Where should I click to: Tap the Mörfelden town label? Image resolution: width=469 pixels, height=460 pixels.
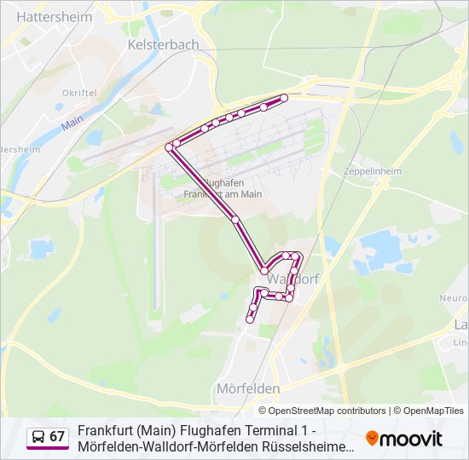pos(248,388)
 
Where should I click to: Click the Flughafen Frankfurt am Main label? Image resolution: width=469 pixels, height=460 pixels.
pos(223,187)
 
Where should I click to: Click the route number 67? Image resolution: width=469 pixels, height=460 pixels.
pos(57,437)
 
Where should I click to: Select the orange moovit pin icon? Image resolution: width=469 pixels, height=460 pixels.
pos(372,439)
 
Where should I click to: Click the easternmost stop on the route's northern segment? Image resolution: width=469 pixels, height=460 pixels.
pos(284,98)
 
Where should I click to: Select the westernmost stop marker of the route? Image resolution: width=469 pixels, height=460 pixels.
pos(169,147)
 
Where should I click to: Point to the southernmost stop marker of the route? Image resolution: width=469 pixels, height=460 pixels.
pos(249,319)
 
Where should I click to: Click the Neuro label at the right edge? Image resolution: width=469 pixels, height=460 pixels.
pos(453,298)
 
